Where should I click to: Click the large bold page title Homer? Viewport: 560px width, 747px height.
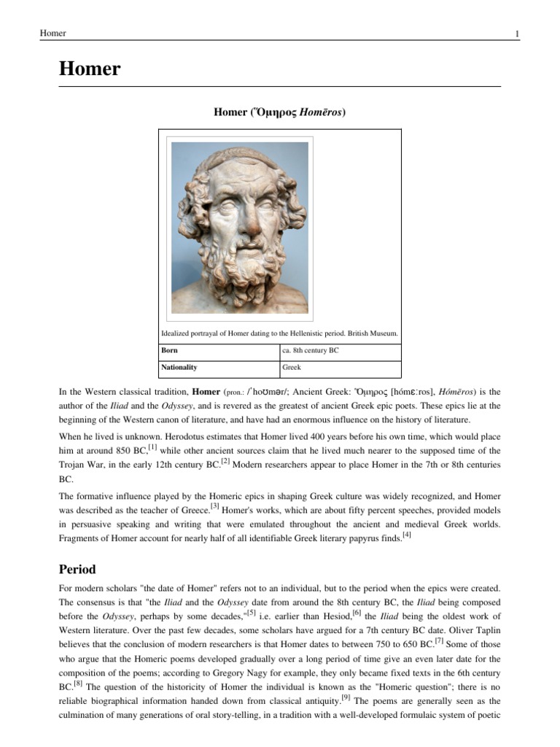coord(89,69)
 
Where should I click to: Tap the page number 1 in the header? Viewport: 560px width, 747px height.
coord(516,34)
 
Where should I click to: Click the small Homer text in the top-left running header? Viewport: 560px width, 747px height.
coord(52,34)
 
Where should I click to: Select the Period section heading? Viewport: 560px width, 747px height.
coord(77,569)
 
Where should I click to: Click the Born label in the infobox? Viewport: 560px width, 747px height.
coord(169,350)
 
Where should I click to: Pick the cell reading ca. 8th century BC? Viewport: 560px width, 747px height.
coord(310,350)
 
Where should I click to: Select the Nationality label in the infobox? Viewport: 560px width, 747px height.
coord(179,368)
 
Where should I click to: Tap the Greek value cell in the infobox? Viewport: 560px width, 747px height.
coord(292,368)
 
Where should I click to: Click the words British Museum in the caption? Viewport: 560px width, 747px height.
coord(376,333)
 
